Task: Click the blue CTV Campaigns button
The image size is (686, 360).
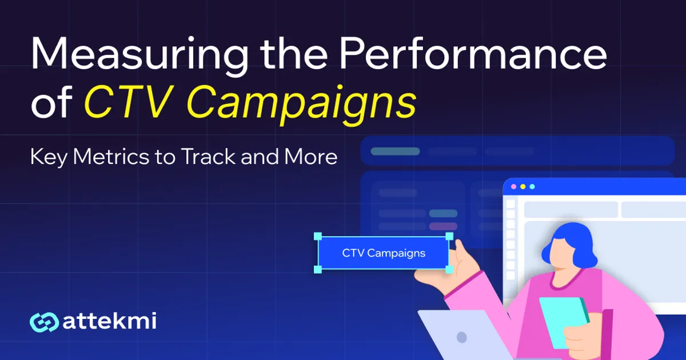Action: [x=384, y=253]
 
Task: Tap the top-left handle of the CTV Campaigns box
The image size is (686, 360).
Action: [x=318, y=236]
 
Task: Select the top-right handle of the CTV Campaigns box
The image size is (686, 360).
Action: [x=449, y=236]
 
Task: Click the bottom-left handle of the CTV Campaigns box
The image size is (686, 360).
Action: [x=318, y=269]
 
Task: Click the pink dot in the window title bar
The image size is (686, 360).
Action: [x=513, y=187]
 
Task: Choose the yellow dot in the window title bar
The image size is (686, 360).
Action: [x=523, y=187]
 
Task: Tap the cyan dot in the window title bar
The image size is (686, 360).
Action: [x=532, y=187]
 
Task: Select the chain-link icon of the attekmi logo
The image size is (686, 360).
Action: [x=44, y=322]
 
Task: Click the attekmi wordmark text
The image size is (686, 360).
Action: [x=109, y=321]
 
